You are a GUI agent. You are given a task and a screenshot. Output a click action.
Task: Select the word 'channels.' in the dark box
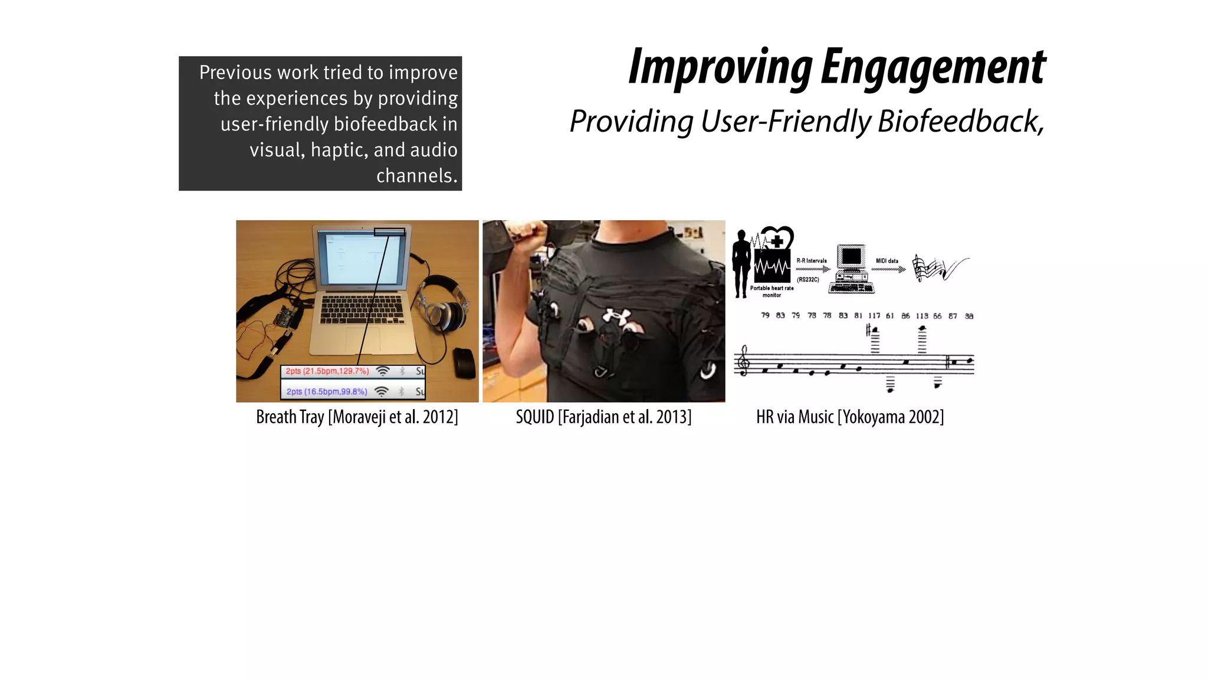[416, 176]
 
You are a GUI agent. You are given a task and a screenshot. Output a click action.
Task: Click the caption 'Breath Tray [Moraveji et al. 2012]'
[357, 417]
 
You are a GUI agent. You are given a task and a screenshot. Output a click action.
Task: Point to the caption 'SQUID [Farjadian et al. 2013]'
[603, 417]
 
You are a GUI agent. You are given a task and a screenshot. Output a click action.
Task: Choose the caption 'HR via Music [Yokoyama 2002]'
[850, 417]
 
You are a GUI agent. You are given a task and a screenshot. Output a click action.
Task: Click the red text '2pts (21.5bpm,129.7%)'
[327, 371]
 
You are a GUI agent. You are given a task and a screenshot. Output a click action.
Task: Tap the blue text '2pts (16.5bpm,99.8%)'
[327, 391]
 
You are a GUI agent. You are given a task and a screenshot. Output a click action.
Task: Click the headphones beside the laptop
[439, 307]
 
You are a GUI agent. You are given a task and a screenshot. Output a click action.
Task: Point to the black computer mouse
[464, 362]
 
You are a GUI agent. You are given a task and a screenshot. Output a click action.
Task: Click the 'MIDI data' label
[887, 261]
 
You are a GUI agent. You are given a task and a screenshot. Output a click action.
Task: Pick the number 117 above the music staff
[874, 316]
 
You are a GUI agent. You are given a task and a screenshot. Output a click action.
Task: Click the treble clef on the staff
[744, 361]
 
